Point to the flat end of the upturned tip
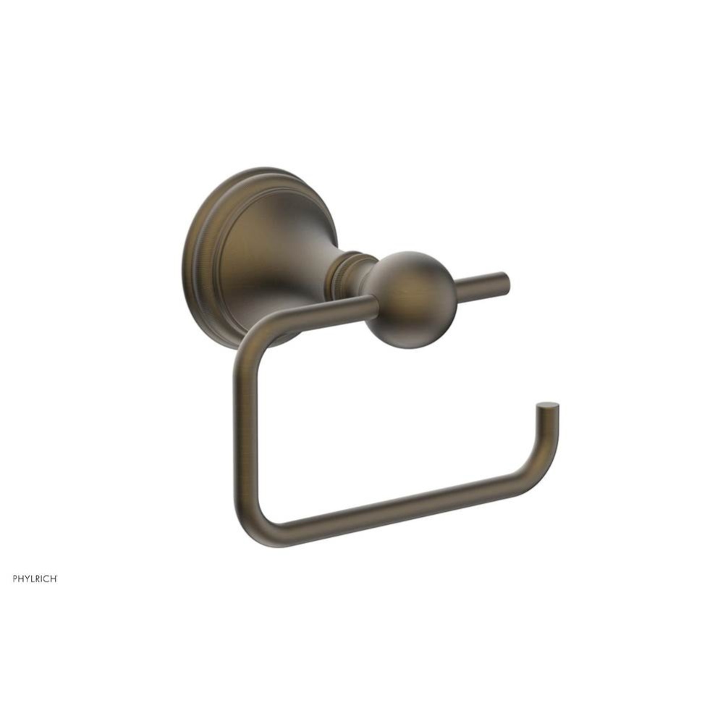coord(548,407)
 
